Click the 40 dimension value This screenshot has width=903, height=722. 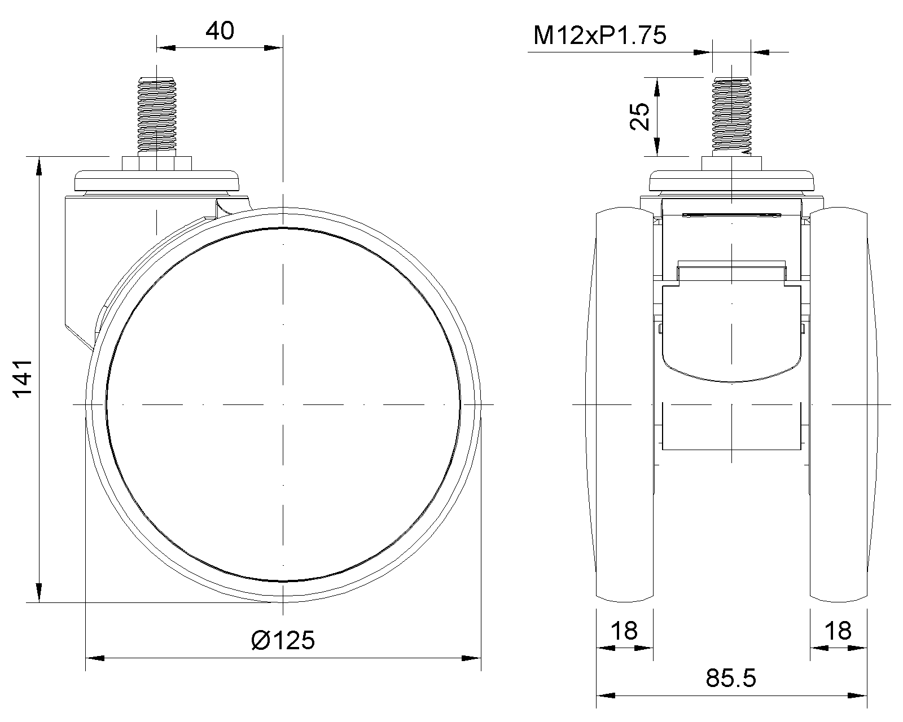coord(220,31)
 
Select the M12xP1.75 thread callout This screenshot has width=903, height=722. coord(599,35)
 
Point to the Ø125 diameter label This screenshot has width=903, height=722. coord(283,640)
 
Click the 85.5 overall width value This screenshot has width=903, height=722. coord(730,679)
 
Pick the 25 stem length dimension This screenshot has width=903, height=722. coord(640,117)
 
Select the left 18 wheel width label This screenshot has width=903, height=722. coord(624,631)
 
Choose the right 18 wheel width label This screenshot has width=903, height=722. coord(838,631)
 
